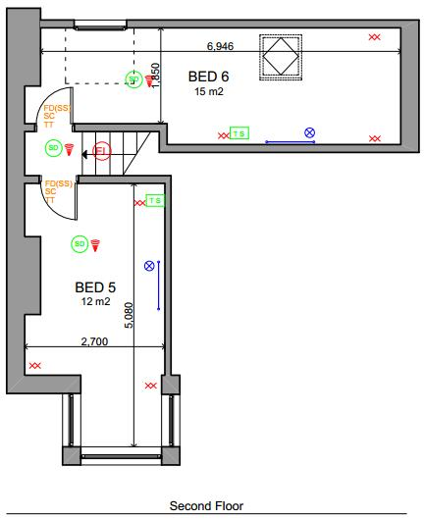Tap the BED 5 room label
[x=96, y=287]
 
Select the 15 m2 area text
[x=208, y=90]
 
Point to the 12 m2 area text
[x=95, y=301]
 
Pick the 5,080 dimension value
[x=130, y=316]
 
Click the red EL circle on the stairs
[x=100, y=151]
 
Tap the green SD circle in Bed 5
[x=79, y=243]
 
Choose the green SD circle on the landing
[x=54, y=147]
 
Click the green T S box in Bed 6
[x=238, y=131]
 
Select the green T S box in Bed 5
[x=156, y=200]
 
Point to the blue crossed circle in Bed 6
[x=309, y=131]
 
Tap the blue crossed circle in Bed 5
[x=149, y=265]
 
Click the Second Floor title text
[x=206, y=506]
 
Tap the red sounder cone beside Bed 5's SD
[x=96, y=244]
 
